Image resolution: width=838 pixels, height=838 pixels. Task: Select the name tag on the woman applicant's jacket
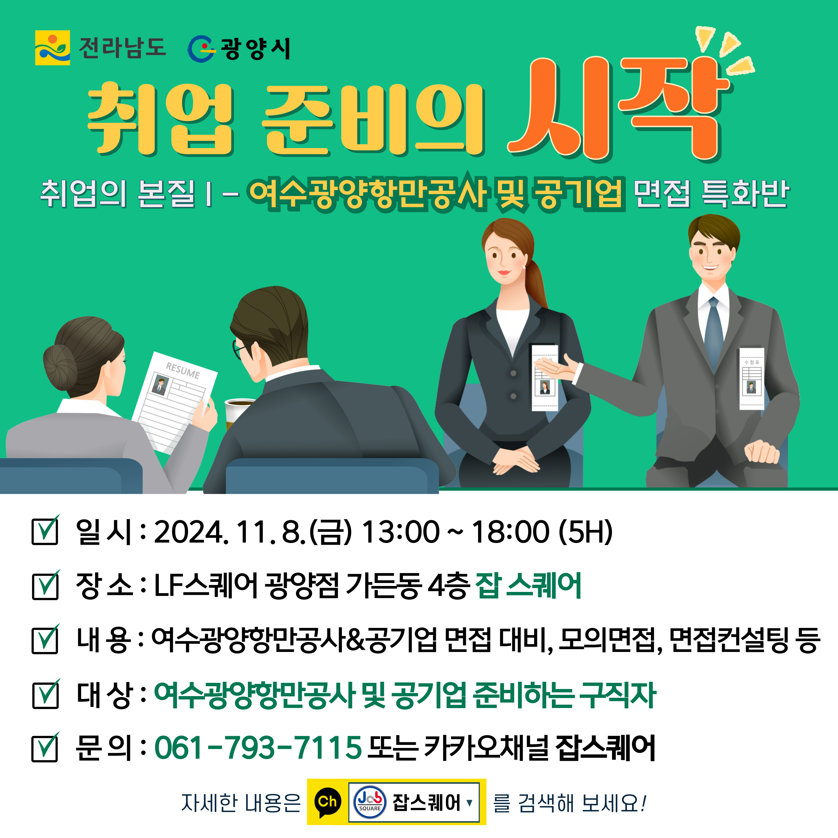point(545,377)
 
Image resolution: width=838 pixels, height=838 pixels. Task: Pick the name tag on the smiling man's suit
point(752,378)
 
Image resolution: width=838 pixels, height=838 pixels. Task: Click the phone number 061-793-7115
point(258,747)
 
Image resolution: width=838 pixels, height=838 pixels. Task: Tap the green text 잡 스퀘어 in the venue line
point(528,585)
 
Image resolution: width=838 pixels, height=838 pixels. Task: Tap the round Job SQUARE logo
point(370,802)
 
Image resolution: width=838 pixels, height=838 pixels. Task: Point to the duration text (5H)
point(585,532)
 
